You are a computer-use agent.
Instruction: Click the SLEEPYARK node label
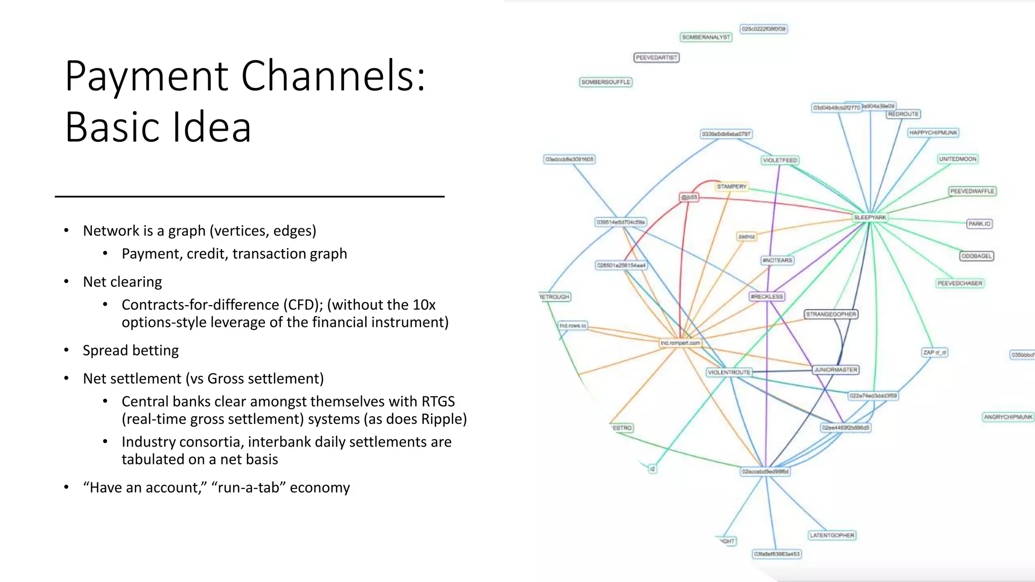click(x=870, y=217)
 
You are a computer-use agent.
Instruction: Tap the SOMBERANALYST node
click(x=706, y=37)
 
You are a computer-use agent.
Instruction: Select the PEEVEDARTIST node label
click(x=656, y=58)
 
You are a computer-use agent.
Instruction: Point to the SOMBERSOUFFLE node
click(x=605, y=82)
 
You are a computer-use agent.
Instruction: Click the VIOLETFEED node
click(x=780, y=160)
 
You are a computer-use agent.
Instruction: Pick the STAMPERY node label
click(x=731, y=186)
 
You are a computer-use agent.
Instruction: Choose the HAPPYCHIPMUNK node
click(x=933, y=133)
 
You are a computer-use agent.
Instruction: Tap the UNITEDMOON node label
click(x=958, y=159)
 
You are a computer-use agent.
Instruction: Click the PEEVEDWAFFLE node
click(x=972, y=191)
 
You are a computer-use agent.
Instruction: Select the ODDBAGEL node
click(x=976, y=256)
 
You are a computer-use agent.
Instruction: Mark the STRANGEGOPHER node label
click(x=831, y=314)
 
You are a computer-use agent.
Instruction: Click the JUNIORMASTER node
click(x=835, y=370)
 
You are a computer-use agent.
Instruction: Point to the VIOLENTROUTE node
click(x=729, y=372)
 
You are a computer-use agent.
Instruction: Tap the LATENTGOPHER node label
click(x=832, y=535)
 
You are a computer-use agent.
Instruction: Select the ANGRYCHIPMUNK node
click(x=1008, y=417)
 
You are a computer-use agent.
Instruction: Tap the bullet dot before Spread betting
click(x=66, y=350)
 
